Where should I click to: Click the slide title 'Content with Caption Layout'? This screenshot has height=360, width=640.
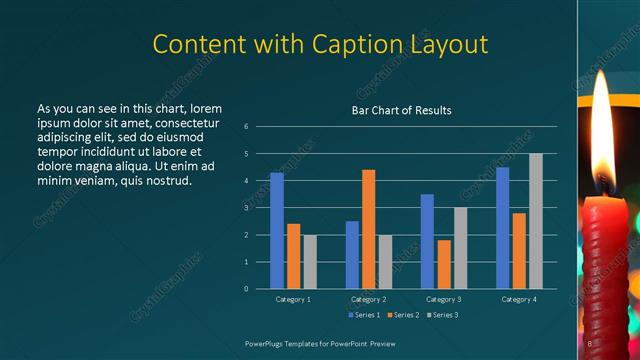[x=320, y=45]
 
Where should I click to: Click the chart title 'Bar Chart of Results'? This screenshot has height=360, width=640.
[x=401, y=110]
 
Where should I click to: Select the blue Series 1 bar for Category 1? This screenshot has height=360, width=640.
[x=277, y=231]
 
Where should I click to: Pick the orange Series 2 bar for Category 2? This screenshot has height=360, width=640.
[x=368, y=229]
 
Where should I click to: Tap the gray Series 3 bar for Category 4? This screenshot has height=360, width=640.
[x=536, y=221]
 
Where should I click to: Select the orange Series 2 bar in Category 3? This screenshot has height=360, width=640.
[x=444, y=264]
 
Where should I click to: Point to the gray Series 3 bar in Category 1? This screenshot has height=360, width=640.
[x=310, y=261]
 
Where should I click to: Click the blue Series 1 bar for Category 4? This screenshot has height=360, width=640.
[x=502, y=228]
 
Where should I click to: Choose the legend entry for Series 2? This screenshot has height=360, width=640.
[x=404, y=315]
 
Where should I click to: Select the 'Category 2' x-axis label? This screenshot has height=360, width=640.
[x=369, y=299]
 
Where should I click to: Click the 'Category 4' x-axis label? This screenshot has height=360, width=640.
[x=518, y=299]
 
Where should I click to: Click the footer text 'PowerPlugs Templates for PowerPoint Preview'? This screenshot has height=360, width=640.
[x=321, y=343]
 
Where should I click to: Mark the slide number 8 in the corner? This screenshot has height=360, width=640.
[x=590, y=343]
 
